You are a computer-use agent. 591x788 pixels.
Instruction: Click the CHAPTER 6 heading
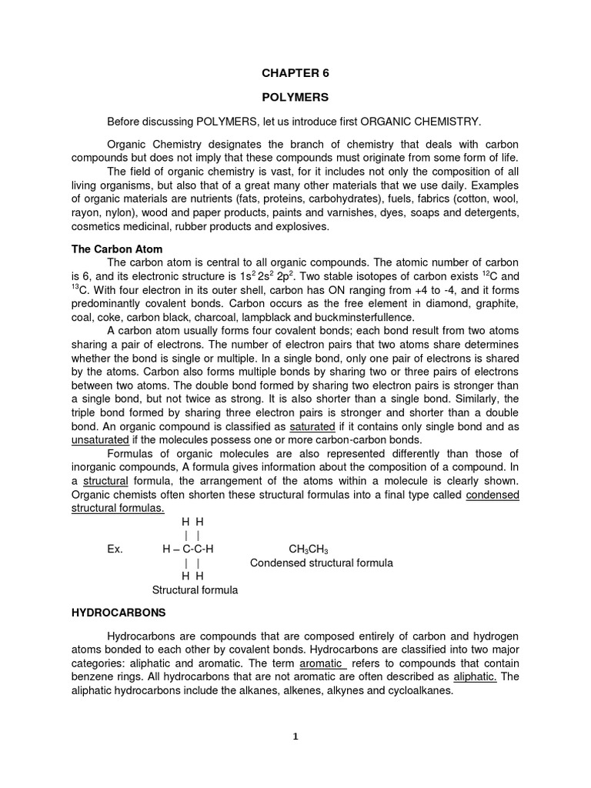coord(296,73)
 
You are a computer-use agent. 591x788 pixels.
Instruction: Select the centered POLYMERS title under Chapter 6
coord(296,98)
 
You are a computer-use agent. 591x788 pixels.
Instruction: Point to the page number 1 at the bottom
coord(295,736)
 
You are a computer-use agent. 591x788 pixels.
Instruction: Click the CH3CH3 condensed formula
coord(309,549)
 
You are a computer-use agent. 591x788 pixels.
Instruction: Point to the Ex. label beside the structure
coord(115,549)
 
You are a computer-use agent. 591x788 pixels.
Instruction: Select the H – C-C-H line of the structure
coord(188,549)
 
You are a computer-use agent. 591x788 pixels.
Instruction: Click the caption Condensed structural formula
coord(322,563)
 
